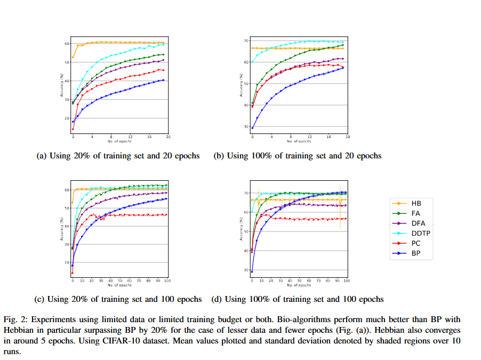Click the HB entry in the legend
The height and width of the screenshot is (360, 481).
click(x=415, y=203)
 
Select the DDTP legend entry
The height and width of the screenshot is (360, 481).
click(x=419, y=233)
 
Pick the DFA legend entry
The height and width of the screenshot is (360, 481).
click(x=418, y=223)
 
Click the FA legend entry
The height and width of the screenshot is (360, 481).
click(x=415, y=213)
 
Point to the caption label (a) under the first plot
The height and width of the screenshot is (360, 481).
click(x=41, y=156)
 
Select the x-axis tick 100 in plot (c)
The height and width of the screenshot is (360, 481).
click(x=167, y=279)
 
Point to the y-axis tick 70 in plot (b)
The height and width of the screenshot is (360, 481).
click(x=246, y=41)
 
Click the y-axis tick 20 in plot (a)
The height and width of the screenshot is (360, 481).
click(x=67, y=118)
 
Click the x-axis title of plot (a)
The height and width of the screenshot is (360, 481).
click(x=120, y=141)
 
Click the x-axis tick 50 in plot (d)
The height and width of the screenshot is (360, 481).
click(x=299, y=281)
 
